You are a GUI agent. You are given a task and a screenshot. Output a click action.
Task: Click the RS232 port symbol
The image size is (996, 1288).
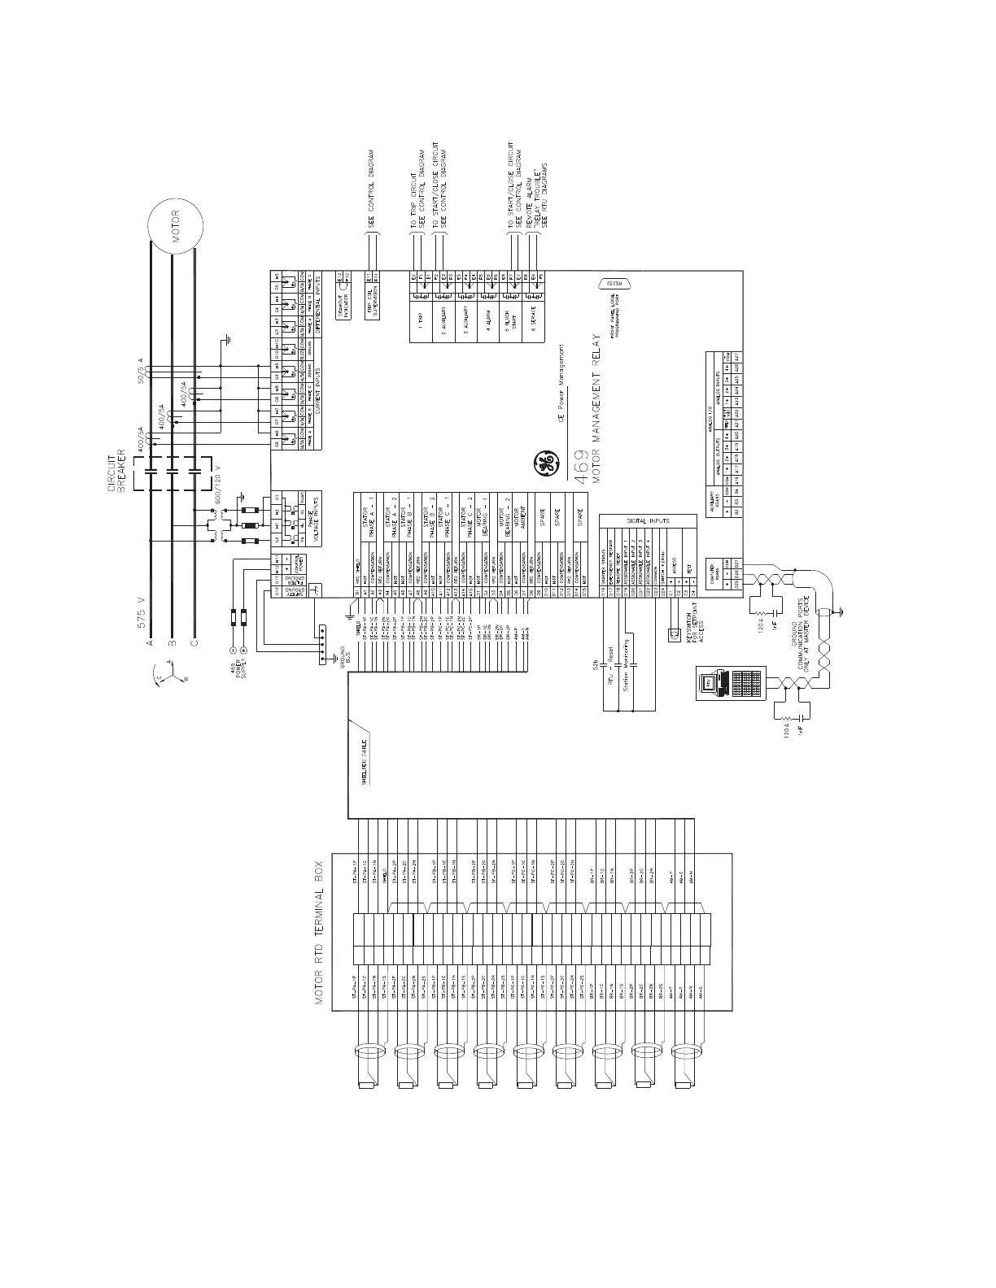click(x=616, y=284)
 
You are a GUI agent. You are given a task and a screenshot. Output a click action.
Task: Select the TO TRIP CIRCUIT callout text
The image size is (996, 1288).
click(x=413, y=199)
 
